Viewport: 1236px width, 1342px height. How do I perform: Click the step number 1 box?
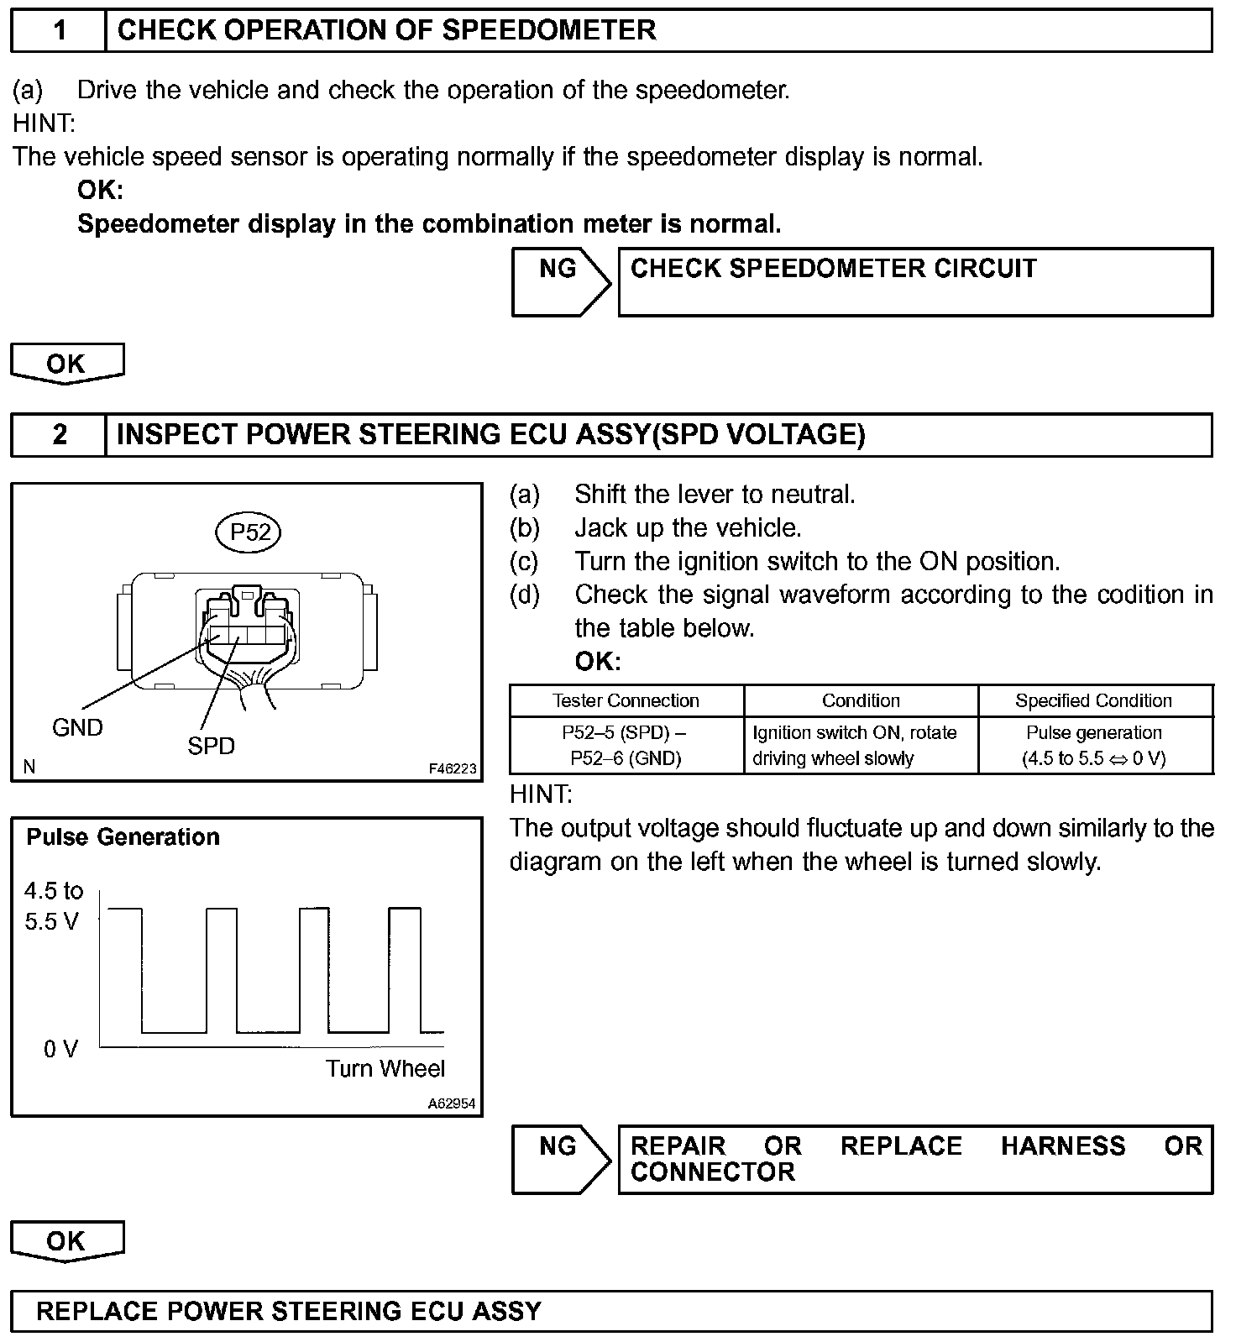coord(59,31)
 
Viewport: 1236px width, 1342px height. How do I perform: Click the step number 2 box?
coord(59,435)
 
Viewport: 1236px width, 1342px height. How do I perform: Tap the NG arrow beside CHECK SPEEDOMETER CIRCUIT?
coord(560,281)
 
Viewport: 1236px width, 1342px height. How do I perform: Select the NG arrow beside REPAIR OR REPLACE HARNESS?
coord(560,1159)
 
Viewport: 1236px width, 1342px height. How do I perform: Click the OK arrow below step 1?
coord(66,364)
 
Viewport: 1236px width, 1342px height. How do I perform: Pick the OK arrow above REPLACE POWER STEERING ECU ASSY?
coord(66,1240)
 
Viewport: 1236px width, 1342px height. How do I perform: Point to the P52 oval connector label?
coord(250,532)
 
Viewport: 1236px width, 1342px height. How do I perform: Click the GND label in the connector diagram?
coord(77,727)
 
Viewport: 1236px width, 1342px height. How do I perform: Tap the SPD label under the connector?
coord(211,746)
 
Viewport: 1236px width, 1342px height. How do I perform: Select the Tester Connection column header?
coord(626,700)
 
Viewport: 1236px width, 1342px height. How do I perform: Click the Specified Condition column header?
coord(1093,700)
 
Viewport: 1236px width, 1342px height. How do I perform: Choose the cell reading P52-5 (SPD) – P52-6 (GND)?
coord(626,745)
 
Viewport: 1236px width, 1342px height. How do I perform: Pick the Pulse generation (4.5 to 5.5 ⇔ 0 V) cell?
coord(1093,745)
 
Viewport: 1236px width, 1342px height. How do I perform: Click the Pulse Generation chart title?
coord(123,837)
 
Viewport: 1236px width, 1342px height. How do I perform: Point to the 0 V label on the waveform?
coord(60,1049)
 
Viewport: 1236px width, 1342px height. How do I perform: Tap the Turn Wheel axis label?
coord(385,1068)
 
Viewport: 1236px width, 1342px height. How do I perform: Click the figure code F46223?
coord(452,768)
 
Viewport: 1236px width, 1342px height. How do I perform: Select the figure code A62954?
coord(452,1103)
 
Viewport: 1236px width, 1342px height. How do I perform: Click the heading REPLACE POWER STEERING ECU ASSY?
coord(289,1311)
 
